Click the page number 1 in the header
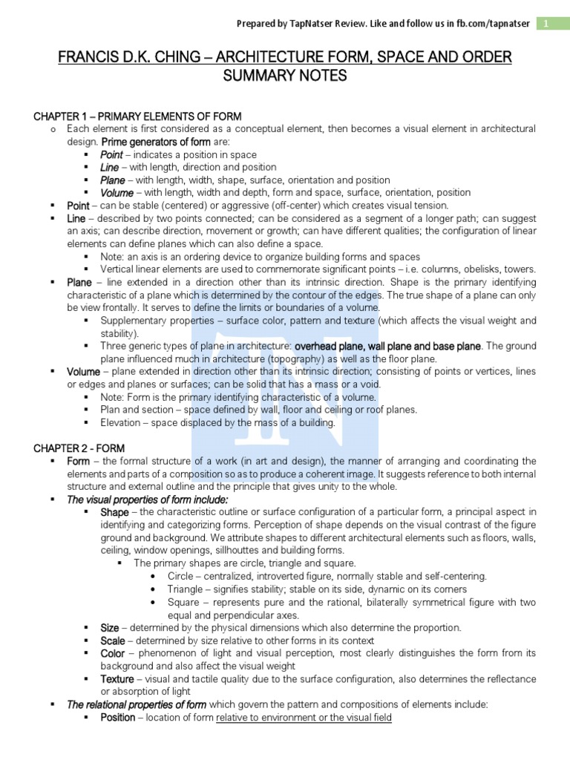tap(546, 24)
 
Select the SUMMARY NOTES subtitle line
tap(285, 76)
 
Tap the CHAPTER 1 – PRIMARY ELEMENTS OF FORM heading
tap(138, 117)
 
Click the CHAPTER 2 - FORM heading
tap(79, 448)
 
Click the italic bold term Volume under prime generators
tap(117, 192)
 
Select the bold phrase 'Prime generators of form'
tap(156, 142)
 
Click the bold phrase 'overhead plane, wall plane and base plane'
tap(388, 346)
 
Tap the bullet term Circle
tap(181, 576)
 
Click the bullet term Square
tap(183, 602)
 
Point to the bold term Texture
tap(117, 678)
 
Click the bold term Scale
tap(113, 640)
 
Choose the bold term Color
tap(113, 653)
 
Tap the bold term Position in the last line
tap(118, 717)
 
